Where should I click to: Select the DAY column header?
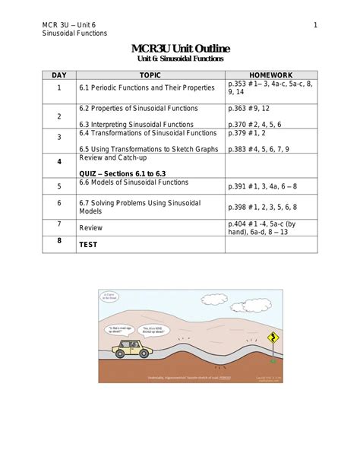pos(59,76)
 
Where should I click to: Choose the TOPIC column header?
pos(150,76)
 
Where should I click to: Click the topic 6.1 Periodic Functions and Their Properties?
pos(147,89)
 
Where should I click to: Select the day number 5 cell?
pos(59,186)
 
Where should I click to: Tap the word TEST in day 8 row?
pos(89,246)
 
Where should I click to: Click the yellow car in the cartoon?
pos(132,349)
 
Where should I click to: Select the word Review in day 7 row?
pos(90,227)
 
